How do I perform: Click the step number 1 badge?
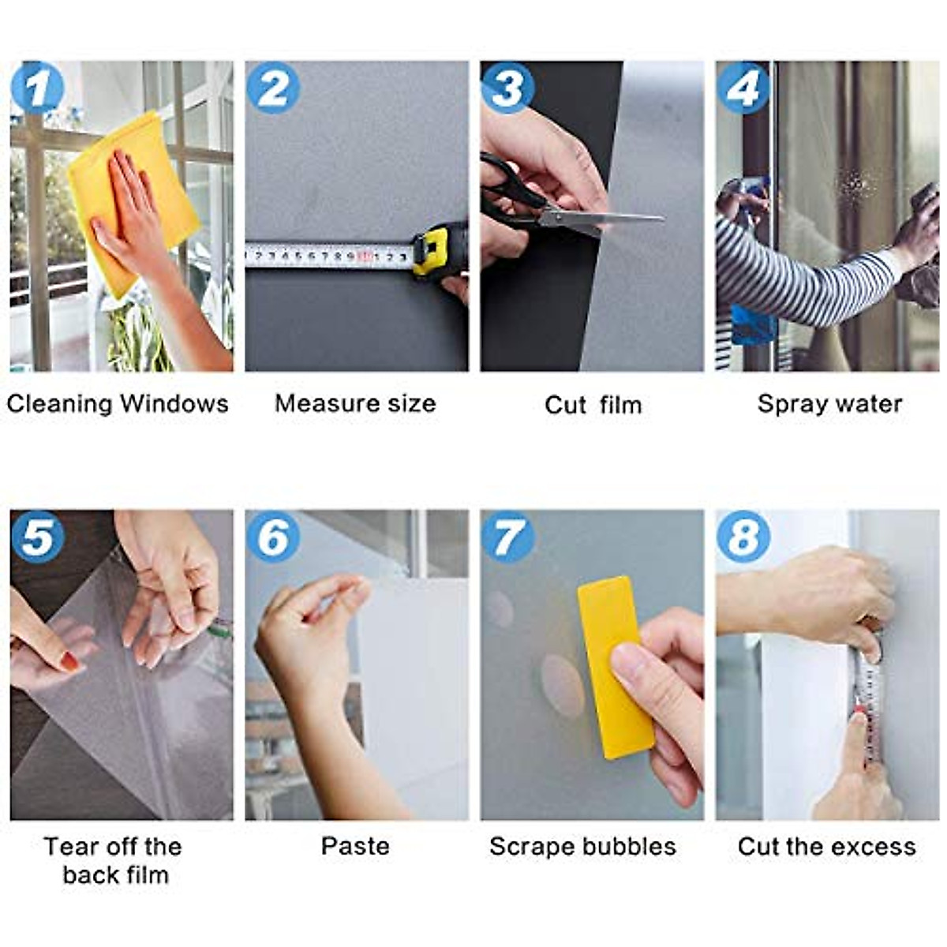(x=37, y=88)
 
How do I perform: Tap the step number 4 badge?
(x=743, y=88)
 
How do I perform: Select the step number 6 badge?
(x=273, y=537)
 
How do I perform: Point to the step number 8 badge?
(x=743, y=537)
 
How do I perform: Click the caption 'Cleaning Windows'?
(x=118, y=404)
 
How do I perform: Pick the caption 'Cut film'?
(x=593, y=405)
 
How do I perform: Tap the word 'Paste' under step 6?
(x=355, y=847)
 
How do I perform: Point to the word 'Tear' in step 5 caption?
(x=71, y=847)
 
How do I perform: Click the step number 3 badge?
(x=507, y=88)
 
